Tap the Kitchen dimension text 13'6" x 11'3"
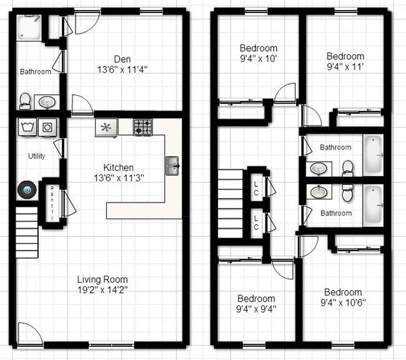click(119, 177)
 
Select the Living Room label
click(102, 279)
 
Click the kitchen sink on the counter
click(172, 166)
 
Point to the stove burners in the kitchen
click(142, 127)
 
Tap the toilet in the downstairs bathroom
click(26, 101)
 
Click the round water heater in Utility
click(27, 187)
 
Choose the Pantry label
click(52, 202)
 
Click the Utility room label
click(36, 156)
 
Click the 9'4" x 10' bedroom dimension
click(258, 59)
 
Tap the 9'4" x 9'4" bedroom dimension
click(256, 309)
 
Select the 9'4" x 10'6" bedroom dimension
click(343, 303)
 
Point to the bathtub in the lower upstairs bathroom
click(374, 204)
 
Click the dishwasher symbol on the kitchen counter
click(106, 127)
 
